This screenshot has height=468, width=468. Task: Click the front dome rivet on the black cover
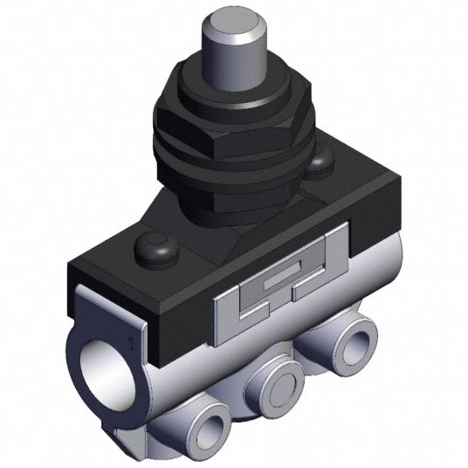[x=157, y=248]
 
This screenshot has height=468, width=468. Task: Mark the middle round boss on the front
[x=279, y=384]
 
